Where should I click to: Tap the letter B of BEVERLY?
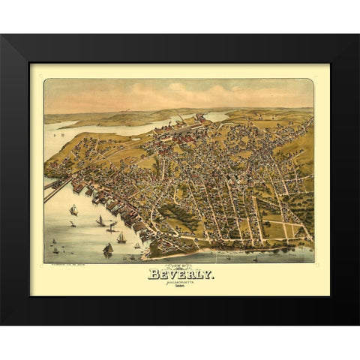click(152, 274)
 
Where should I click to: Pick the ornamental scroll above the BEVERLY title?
click(180, 267)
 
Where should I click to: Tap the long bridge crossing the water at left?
click(57, 189)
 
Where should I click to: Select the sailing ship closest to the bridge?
click(73, 211)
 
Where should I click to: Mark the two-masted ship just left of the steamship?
click(100, 221)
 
